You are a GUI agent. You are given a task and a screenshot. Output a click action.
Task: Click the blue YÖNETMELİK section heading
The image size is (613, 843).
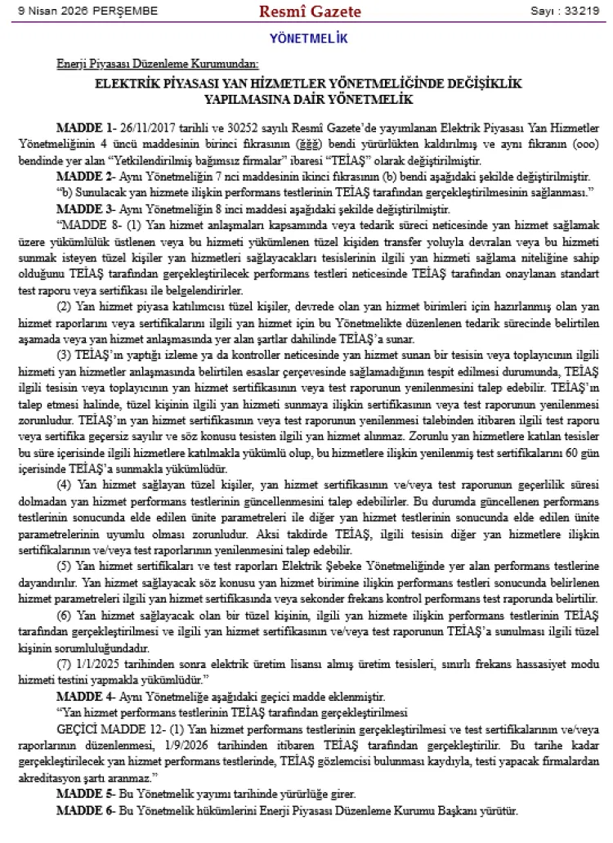(308, 38)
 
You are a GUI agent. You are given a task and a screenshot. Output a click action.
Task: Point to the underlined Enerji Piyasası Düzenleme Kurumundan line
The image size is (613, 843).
(157, 64)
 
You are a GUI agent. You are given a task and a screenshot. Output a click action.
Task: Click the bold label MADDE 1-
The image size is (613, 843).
(86, 128)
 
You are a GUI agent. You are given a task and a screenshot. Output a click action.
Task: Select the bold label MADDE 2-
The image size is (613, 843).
(86, 177)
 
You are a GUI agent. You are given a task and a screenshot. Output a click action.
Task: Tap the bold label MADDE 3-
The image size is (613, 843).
(86, 209)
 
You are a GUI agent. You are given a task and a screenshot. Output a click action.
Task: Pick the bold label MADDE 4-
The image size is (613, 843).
(86, 697)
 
